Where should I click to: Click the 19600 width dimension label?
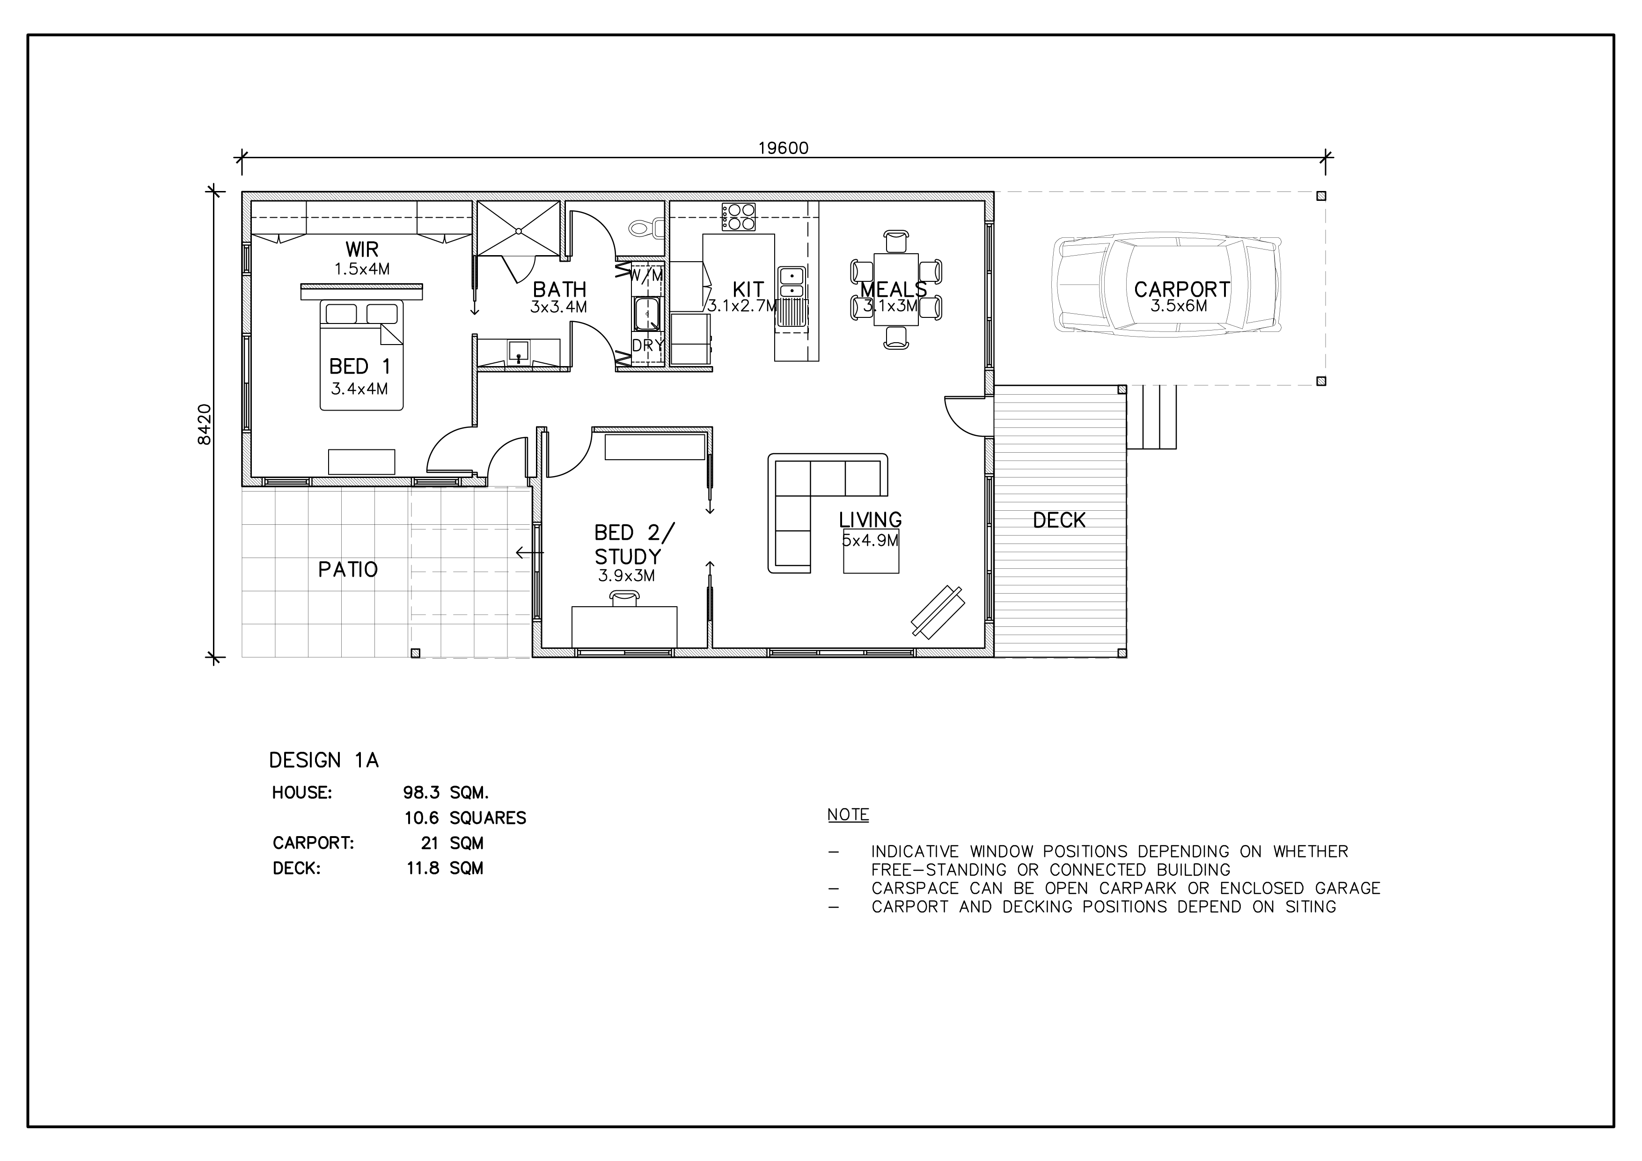(783, 148)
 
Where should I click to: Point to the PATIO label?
(348, 569)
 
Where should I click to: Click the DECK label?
(1059, 520)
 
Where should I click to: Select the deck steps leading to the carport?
(1151, 417)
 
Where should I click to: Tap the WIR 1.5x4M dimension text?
(362, 269)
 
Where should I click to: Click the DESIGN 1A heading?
(323, 760)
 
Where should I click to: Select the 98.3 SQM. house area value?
(446, 793)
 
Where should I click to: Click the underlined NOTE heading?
(848, 814)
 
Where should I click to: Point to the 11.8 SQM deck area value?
(445, 868)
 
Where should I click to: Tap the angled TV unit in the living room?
(937, 611)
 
